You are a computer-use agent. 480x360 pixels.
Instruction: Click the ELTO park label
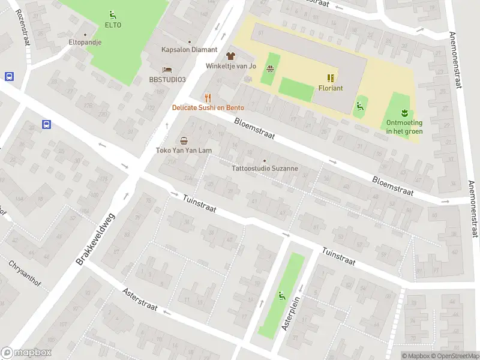point(113,25)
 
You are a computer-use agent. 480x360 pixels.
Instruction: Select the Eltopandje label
point(85,43)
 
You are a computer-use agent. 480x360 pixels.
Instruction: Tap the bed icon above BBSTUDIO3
point(168,69)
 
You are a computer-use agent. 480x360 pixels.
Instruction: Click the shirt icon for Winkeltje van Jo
point(231,55)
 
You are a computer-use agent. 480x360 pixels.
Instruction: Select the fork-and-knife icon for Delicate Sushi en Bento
point(208,97)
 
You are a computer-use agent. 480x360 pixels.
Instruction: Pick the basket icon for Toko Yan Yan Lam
point(184,140)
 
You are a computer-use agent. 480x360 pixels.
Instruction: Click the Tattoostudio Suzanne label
point(265,169)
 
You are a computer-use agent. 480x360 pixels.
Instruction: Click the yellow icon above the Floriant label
point(331,77)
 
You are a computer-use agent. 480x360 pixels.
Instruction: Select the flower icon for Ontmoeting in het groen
point(404,112)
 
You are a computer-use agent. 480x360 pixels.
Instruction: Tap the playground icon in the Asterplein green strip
point(281,295)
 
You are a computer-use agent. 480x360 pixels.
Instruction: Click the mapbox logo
point(26,353)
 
